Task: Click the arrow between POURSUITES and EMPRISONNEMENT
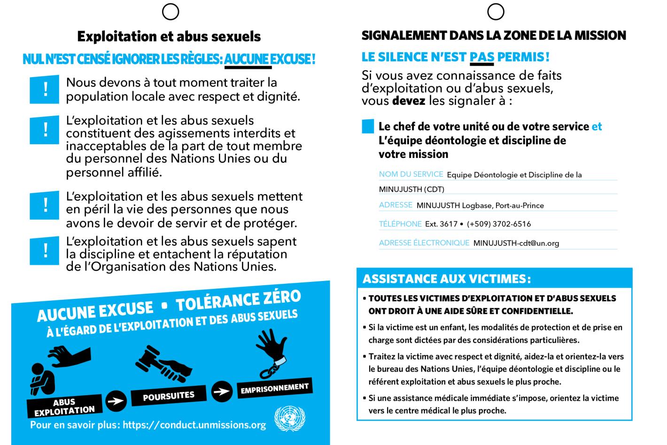[221, 390]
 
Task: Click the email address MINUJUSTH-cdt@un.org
[516, 243]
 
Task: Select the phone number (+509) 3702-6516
[499, 224]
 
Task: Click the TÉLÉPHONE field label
[400, 224]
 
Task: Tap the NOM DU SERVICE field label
[411, 174]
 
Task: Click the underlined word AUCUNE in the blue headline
[248, 60]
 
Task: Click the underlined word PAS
[481, 57]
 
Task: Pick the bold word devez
[409, 101]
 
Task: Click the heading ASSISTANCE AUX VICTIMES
[446, 279]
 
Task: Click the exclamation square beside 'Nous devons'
[45, 89]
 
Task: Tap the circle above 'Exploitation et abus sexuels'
[171, 12]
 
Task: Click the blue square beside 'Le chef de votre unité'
[368, 126]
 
